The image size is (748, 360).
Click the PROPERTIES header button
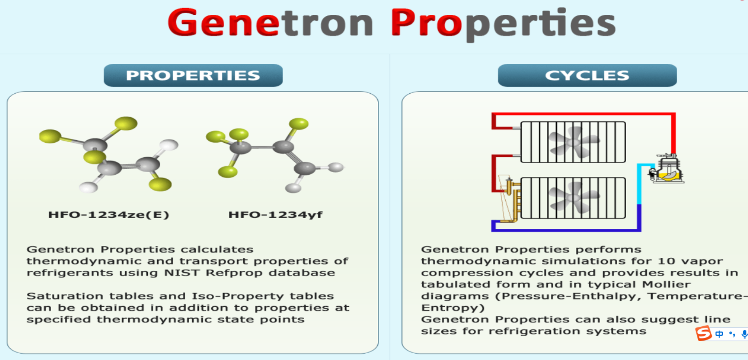193,75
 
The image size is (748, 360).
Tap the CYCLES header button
587,75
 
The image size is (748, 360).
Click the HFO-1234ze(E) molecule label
109,214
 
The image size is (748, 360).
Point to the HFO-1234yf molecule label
275,214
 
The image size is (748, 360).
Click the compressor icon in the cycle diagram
667,169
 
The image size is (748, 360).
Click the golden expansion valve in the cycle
510,199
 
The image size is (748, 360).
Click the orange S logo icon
704,334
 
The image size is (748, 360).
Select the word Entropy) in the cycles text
453,308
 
